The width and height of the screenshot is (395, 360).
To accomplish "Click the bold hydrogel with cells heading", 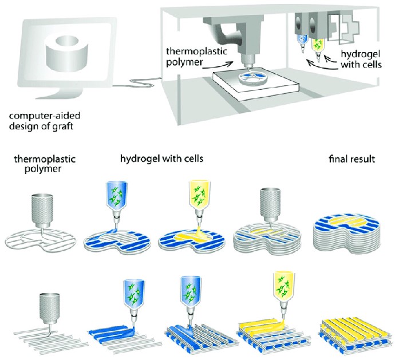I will pos(153,159).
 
